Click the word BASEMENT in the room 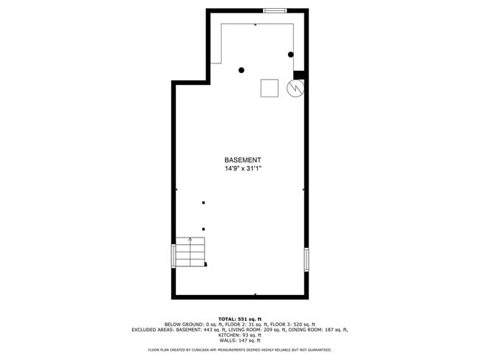point(243,160)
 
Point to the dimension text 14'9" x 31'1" point(243,169)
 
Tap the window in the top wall point(275,10)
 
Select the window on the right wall point(306,259)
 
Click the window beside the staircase point(174,255)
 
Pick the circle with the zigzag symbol point(295,89)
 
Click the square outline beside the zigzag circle point(270,88)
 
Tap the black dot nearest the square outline point(241,70)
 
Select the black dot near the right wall point(291,55)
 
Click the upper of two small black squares point(203,203)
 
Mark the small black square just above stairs point(203,229)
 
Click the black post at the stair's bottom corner point(205,264)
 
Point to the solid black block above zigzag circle point(299,74)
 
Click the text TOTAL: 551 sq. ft point(240,319)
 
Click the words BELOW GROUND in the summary point(180,324)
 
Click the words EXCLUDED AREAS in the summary point(149,329)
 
